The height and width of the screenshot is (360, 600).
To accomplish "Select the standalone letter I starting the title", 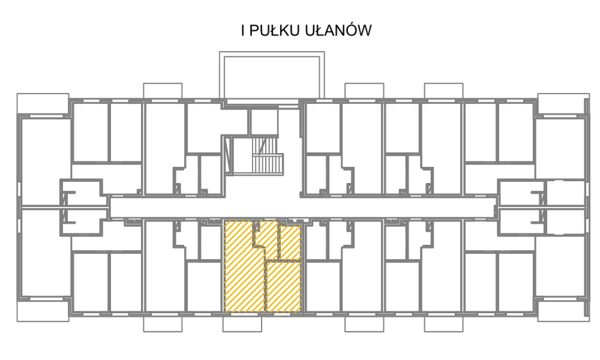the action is coord(243,31).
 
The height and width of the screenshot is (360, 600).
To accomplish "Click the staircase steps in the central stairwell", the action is coord(268,156).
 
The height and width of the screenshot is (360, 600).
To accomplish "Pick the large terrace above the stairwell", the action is coord(272,75).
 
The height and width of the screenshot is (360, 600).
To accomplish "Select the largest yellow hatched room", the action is coord(244,266).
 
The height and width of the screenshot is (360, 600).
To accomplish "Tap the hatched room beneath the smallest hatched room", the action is coord(284,286).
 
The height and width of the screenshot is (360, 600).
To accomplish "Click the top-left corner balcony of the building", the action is coord(43,103).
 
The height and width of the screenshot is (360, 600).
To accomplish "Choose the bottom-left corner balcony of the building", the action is coord(43,311).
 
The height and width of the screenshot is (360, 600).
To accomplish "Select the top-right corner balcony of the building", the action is coord(563,103).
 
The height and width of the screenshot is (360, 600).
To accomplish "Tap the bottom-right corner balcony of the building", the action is coord(563,311).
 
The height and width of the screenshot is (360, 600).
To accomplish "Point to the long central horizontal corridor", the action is coord(302,208).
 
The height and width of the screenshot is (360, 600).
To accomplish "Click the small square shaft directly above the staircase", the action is coord(264,122).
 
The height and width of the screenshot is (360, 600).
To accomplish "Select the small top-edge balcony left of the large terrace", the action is coord(163,91).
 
